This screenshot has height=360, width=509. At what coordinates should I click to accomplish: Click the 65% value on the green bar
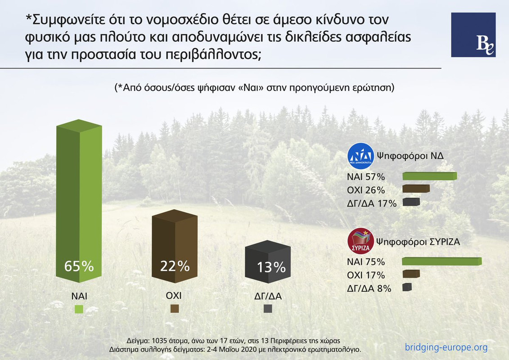(79, 266)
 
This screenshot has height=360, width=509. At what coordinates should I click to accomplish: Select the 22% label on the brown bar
(175, 266)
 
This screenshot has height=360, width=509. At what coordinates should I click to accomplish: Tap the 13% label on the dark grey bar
(271, 267)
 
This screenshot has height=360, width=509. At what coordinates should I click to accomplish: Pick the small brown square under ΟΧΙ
(175, 308)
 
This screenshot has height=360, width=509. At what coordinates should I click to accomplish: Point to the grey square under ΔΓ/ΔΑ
(268, 309)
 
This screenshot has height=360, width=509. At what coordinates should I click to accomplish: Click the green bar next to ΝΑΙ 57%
(429, 176)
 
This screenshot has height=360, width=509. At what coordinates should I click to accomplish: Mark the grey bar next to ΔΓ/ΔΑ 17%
(410, 202)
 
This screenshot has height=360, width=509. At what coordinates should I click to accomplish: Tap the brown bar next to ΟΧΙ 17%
(410, 274)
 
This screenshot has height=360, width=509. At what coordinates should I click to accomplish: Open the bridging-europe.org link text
(446, 347)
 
